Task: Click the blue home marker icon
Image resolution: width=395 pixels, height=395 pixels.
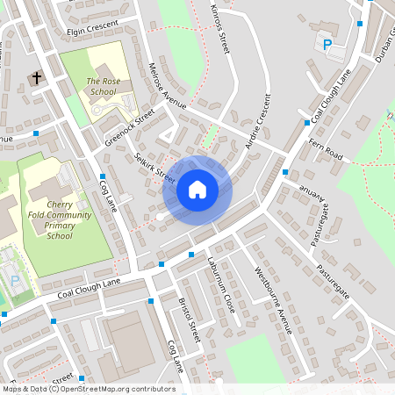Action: click(x=197, y=189)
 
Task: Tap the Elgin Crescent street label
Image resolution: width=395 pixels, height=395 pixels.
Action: click(x=92, y=30)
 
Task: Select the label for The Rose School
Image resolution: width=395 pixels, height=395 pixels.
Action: click(x=101, y=86)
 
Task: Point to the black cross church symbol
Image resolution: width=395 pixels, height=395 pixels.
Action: click(x=37, y=79)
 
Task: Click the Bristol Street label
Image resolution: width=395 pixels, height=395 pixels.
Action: click(x=190, y=320)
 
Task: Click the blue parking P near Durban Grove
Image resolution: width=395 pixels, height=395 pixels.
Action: click(x=327, y=45)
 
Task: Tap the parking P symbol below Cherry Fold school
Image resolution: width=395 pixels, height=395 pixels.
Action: click(x=15, y=280)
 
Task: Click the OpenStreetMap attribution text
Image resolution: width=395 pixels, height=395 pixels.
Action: click(x=88, y=389)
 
